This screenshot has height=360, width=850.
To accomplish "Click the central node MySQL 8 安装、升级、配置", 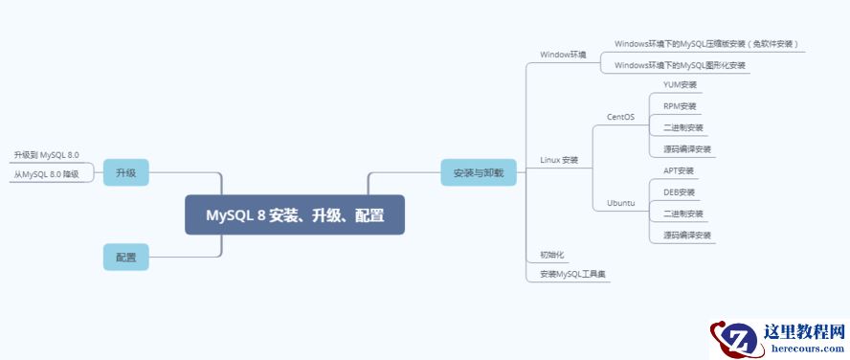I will coord(294,214).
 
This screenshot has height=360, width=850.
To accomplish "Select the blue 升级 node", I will coord(125,172).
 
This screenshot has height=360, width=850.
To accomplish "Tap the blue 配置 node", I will coord(125,257).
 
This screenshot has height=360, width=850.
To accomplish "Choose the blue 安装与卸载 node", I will coord(478,172).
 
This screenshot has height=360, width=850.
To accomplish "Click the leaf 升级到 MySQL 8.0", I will coord(46,154).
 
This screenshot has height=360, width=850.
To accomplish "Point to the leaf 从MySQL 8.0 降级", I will coord(46,174).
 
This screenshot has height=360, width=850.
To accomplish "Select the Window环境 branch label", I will coord(563,55).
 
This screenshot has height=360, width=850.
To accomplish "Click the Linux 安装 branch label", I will coord(559,159).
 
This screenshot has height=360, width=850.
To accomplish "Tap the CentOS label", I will coord(620,117).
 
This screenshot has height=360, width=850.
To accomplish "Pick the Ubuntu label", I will coord(620,203).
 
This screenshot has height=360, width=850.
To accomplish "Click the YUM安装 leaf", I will coord(680,84).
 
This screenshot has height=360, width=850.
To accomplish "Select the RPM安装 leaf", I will coord(680,105).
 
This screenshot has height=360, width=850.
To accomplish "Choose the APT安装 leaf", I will coord(679,170).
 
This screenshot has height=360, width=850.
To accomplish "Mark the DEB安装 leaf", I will coord(679,191).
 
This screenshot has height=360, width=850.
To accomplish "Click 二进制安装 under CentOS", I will coord(682,127).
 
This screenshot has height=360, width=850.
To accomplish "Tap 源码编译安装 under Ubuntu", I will coord(687,235).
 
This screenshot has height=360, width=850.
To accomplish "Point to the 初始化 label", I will coord(552,255).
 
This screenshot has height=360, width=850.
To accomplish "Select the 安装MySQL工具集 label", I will coord(573,274).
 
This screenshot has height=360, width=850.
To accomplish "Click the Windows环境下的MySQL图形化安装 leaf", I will coord(680,65).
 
